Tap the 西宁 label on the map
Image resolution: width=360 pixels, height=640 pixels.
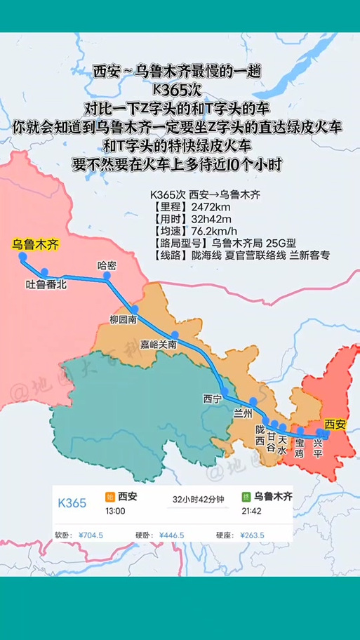pyautogui.click(x=212, y=399)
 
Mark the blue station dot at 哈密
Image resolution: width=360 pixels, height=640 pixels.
pyautogui.click(x=107, y=276)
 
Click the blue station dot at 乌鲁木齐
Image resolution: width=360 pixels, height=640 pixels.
pyautogui.click(x=22, y=257)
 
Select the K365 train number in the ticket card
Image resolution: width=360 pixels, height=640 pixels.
pyautogui.click(x=72, y=503)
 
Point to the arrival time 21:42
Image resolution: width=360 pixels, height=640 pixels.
pyautogui.click(x=266, y=511)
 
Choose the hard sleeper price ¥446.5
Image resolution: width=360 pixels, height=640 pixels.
pyautogui.click(x=171, y=535)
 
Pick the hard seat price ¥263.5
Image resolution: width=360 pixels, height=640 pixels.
pyautogui.click(x=252, y=535)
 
